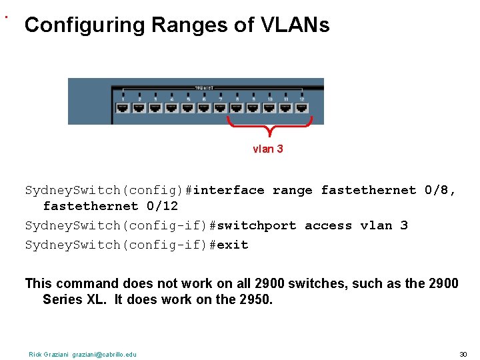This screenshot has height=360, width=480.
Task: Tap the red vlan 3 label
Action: (267, 149)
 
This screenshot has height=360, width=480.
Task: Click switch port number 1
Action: (123, 106)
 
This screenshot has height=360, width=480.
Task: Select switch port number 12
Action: (302, 106)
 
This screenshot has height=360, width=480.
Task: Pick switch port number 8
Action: (237, 106)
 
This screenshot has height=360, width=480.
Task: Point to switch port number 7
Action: (221, 106)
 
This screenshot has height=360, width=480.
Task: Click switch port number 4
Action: (171, 106)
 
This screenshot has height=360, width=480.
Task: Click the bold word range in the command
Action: (292, 191)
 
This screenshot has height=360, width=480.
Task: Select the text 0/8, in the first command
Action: (441, 191)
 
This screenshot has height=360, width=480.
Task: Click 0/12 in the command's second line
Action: (162, 206)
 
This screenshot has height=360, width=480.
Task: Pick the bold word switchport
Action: (257, 225)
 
